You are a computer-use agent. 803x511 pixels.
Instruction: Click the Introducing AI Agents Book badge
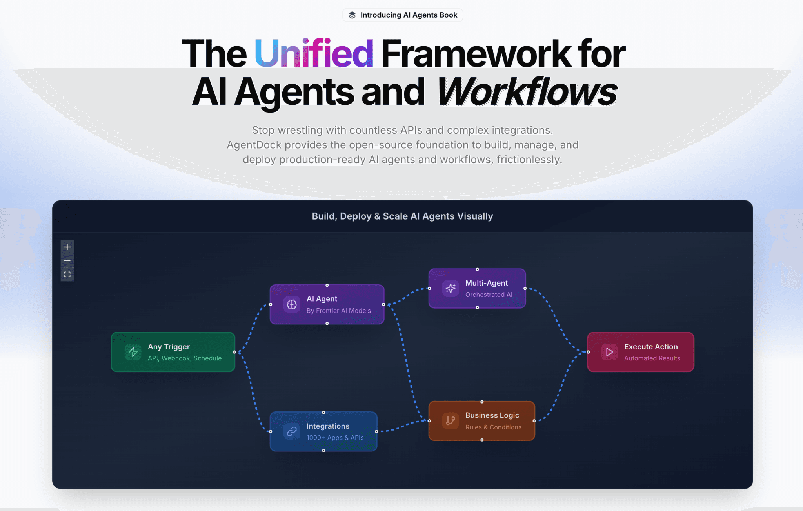[x=403, y=15]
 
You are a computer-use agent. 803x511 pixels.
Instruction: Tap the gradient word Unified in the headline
[x=314, y=53]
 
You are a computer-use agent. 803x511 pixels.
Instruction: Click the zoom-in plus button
[x=67, y=247]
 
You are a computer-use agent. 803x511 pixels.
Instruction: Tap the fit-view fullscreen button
[x=67, y=275]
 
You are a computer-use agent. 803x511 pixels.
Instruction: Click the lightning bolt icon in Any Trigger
[x=133, y=352]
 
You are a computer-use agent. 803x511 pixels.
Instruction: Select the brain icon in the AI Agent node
[x=292, y=304]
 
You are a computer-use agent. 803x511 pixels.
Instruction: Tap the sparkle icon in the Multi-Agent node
[x=451, y=289]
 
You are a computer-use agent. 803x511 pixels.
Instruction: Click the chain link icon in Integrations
[x=292, y=431]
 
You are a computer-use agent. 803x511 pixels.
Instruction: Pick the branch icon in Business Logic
[x=451, y=421]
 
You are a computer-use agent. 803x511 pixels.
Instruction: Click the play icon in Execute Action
[x=609, y=352]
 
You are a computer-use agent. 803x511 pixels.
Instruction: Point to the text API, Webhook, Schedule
[x=185, y=358]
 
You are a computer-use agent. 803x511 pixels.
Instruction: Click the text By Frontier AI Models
[x=338, y=311]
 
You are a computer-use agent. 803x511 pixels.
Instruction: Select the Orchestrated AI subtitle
[x=489, y=295]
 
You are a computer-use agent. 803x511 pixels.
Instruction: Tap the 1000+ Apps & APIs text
[x=335, y=438]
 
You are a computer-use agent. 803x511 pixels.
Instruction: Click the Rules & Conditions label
[x=493, y=427]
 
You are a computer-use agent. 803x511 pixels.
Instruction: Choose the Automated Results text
[x=652, y=358]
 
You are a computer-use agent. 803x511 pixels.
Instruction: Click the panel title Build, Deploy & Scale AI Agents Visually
[x=402, y=216]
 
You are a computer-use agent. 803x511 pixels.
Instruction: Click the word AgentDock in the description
[x=254, y=145]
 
